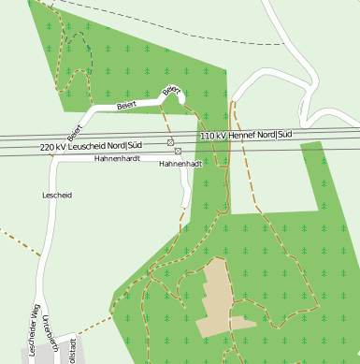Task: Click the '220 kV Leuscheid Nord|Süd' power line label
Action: coord(92,147)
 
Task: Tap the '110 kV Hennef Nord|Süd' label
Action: coord(247,137)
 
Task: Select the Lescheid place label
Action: coord(57,195)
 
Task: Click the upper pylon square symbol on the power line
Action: coord(170,142)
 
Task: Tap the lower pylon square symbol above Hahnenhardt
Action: coord(178,151)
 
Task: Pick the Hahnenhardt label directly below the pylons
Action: coord(180,164)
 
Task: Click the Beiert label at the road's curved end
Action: coord(171,91)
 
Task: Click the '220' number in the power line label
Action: coord(48,148)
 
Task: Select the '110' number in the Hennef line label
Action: coord(207,137)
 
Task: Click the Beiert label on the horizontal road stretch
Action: coord(126,106)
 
